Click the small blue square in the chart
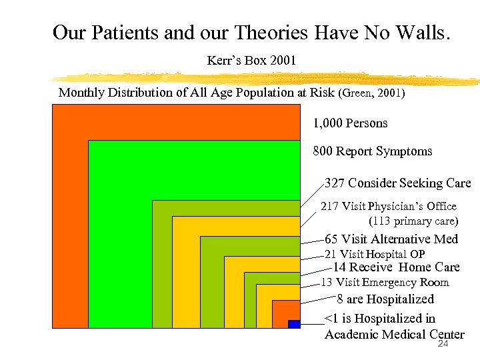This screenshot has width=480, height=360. tap(294, 324)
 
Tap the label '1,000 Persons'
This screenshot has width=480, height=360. tap(350, 123)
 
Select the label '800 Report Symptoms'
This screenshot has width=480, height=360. tap(373, 151)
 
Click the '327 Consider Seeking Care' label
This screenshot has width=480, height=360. tap(397, 183)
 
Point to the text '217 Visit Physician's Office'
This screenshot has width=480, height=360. tap(389, 206)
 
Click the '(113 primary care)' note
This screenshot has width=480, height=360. tap(413, 221)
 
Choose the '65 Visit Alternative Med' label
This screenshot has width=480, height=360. tap(391, 239)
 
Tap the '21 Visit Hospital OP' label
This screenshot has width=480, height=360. tap(375, 254)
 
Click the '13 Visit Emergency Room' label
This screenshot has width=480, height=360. tap(385, 283)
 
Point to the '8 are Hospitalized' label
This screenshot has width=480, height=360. tap(385, 299)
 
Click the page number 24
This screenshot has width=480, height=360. tap(443, 345)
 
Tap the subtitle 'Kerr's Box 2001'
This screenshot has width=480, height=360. tap(251, 61)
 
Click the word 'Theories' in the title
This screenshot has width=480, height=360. tap(273, 32)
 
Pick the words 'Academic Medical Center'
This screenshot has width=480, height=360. tap(394, 335)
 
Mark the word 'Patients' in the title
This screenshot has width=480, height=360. tap(126, 32)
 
